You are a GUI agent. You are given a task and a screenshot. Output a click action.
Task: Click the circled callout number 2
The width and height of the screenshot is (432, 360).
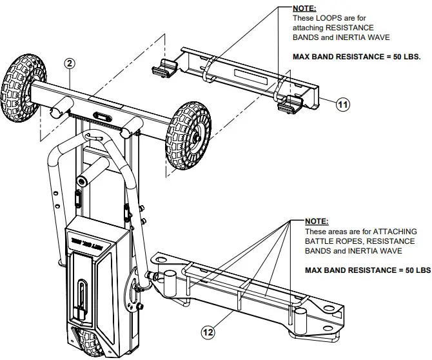[69, 63]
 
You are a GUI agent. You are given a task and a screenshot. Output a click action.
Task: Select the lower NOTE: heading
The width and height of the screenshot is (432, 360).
[317, 221]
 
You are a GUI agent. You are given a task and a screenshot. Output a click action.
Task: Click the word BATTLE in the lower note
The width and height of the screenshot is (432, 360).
[320, 241]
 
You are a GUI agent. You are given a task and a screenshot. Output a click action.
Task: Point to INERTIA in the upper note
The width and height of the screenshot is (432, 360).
[371, 37]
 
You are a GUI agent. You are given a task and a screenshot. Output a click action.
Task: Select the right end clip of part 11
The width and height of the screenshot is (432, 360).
[291, 104]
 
